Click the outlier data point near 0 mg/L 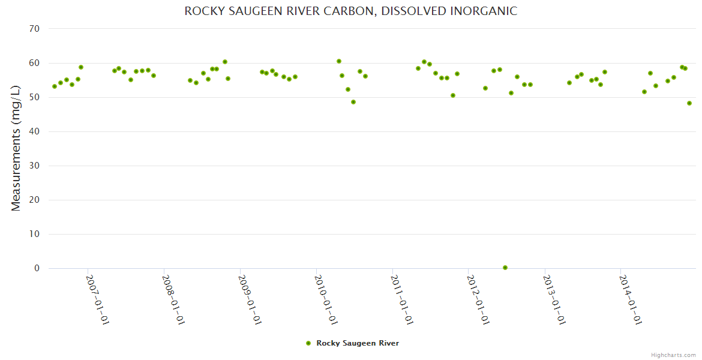pyautogui.click(x=505, y=268)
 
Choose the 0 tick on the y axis pyautogui.click(x=37, y=268)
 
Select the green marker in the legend pyautogui.click(x=308, y=343)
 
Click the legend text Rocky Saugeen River pyautogui.click(x=358, y=343)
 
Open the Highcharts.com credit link pyautogui.click(x=673, y=355)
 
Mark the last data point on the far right pyautogui.click(x=689, y=103)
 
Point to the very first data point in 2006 pyautogui.click(x=55, y=86)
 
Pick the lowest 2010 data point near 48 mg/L pyautogui.click(x=353, y=102)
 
